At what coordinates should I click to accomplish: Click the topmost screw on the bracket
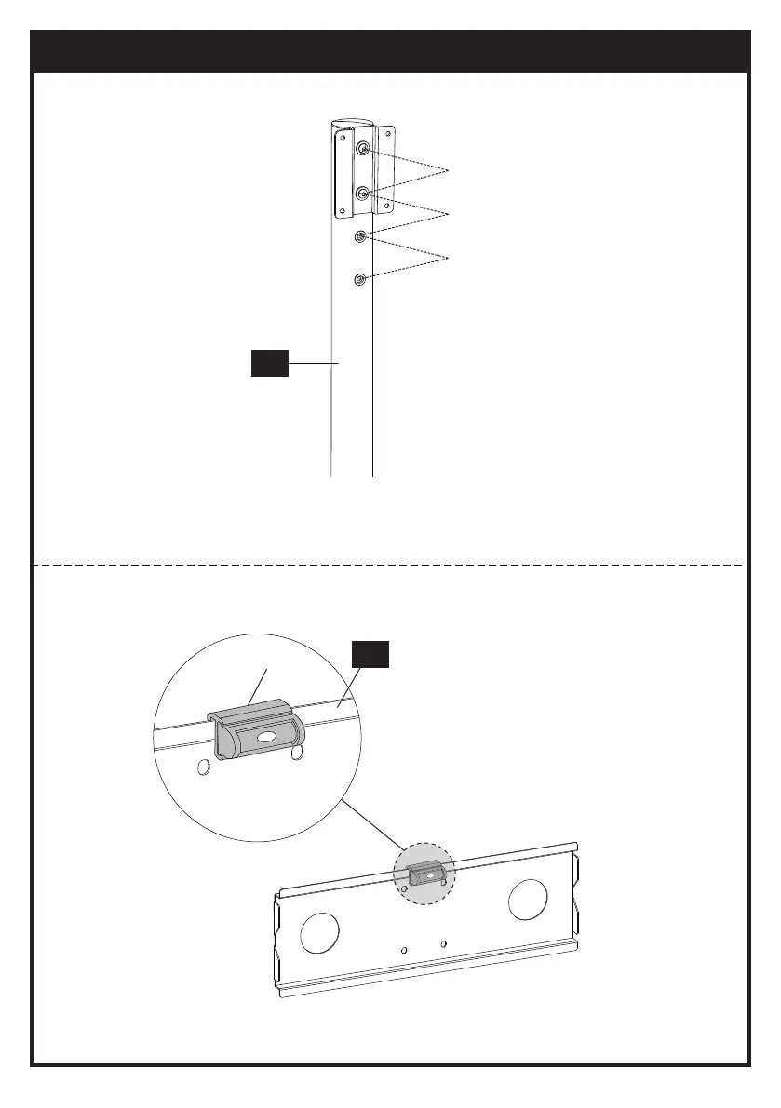[x=363, y=150]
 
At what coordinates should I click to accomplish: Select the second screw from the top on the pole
[x=363, y=194]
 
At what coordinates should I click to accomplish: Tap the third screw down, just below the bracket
[x=361, y=236]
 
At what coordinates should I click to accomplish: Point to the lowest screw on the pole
[x=360, y=278]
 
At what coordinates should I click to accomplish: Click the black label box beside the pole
[x=270, y=363]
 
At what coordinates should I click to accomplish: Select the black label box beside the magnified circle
[x=370, y=655]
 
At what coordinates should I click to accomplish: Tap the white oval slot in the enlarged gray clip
[x=265, y=736]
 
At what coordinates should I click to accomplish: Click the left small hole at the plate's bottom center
[x=403, y=951]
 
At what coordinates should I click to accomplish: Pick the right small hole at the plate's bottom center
[x=443, y=944]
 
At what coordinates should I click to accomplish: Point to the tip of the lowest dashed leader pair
[x=450, y=256]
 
